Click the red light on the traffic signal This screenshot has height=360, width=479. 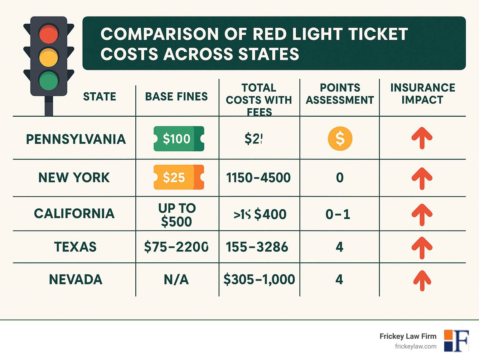(x=49, y=34)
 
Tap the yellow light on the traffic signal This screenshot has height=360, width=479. (x=49, y=57)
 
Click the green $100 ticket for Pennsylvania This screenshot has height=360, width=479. (x=179, y=139)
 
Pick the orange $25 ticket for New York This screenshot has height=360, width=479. (x=179, y=177)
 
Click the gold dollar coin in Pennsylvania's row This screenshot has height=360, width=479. (x=340, y=139)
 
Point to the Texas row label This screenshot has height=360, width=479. (x=75, y=247)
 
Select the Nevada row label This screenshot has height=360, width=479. (x=75, y=279)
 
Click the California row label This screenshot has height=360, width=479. (x=74, y=214)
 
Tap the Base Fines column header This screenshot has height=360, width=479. (x=177, y=97)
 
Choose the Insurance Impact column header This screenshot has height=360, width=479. (x=423, y=94)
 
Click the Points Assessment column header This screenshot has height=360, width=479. (x=340, y=94)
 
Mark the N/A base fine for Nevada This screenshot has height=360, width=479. (x=176, y=280)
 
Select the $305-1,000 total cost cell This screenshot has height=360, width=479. (x=259, y=279)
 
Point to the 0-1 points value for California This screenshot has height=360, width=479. (x=338, y=214)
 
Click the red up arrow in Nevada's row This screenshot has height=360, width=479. (x=422, y=280)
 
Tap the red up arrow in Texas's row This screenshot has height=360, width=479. (x=422, y=248)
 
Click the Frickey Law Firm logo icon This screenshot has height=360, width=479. (x=457, y=341)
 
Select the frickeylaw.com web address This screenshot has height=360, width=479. (x=415, y=346)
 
